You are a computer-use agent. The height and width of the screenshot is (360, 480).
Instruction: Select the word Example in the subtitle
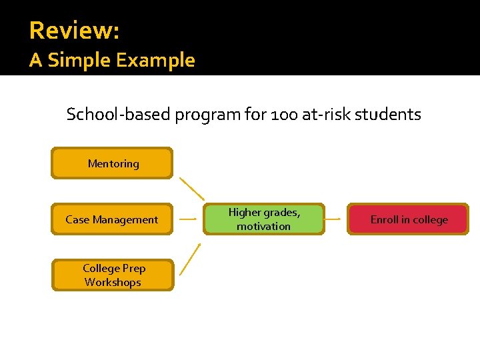[155, 61]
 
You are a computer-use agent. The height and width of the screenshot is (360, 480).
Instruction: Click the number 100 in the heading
[286, 115]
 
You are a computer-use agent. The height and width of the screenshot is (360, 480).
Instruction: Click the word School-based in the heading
[119, 115]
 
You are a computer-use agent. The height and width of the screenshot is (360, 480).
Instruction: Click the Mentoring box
[112, 163]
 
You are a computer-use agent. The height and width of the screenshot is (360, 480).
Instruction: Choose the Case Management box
[112, 219]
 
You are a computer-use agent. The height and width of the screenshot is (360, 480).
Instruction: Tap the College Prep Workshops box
[112, 275]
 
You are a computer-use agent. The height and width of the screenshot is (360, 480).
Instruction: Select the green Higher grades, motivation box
[264, 219]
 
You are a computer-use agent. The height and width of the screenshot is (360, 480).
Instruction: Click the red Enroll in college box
[408, 219]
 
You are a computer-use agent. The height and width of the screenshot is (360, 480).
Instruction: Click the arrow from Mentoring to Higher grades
[193, 189]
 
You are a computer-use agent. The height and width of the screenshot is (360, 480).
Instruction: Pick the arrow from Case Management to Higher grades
[189, 219]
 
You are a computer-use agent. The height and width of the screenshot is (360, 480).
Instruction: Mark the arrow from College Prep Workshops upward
[191, 259]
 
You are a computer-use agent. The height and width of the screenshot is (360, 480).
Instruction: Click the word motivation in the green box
[264, 227]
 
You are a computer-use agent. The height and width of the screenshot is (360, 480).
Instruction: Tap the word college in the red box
[429, 220]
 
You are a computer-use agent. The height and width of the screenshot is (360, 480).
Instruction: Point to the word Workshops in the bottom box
[113, 282]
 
